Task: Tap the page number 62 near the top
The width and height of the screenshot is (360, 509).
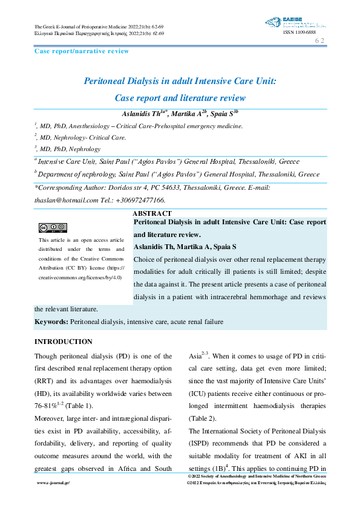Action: pos(320,41)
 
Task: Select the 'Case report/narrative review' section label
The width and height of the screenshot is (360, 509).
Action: pos(82,51)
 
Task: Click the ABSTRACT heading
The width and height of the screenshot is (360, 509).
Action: pos(152,213)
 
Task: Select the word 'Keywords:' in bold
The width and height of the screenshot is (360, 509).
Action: pos(51,322)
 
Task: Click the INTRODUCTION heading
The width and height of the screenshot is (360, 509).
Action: pos(64,342)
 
